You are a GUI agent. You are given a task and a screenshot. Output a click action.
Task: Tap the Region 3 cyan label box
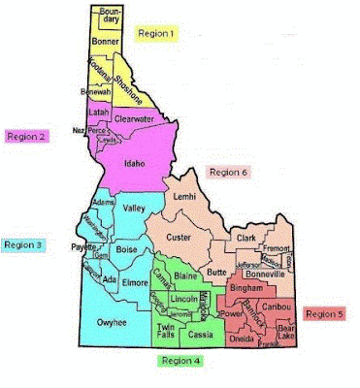coord(22,246)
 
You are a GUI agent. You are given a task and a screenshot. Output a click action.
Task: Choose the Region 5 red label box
coord(324,314)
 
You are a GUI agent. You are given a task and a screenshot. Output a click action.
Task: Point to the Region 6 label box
coord(229,172)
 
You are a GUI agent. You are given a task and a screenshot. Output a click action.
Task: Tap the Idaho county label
coord(135,163)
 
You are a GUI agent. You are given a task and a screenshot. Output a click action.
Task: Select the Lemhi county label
coord(184,197)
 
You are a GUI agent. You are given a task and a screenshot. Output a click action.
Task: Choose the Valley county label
coord(135,207)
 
